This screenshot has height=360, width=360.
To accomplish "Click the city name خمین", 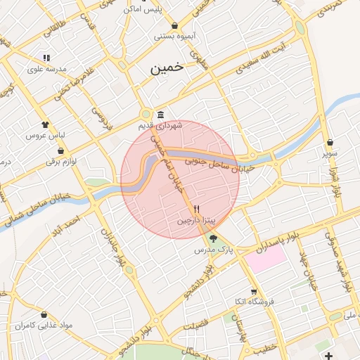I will coord(167,68).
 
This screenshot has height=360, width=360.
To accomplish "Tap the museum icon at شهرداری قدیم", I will coord(161,115).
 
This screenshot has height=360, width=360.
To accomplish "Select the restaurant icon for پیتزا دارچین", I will coord(197,210).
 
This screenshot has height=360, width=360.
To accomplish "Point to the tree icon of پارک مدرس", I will coord(213,239).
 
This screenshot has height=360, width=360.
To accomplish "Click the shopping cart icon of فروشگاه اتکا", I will coord(254,292).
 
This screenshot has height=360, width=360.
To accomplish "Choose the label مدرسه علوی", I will coord(46,69).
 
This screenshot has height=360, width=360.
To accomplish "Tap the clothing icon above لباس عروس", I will coord(46,123).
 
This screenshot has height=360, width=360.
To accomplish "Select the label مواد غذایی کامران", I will coord(34,326).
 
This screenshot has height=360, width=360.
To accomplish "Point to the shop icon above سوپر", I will coord(330,142).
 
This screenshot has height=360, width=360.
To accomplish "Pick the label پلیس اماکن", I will coord(152,9).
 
